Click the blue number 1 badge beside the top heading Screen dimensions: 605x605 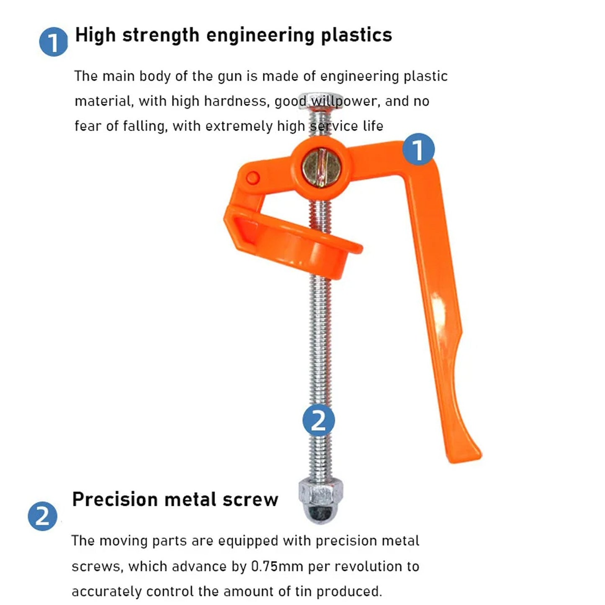pyautogui.click(x=53, y=42)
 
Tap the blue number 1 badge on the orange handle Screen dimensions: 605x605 pyautogui.click(x=419, y=149)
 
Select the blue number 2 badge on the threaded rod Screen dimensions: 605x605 pyautogui.click(x=319, y=420)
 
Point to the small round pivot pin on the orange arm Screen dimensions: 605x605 pyautogui.click(x=253, y=178)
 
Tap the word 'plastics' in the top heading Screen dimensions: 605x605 pyautogui.click(x=356, y=35)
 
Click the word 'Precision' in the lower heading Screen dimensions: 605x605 pyautogui.click(x=115, y=499)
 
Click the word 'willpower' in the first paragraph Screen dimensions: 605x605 pyautogui.click(x=345, y=101)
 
